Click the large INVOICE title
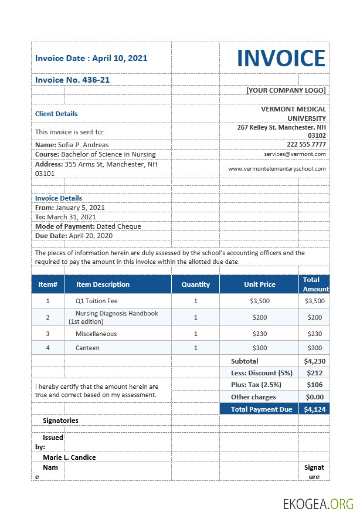pos(281,58)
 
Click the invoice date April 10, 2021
pos(91,58)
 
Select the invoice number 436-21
pos(72,80)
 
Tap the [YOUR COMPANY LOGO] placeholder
pos(286,90)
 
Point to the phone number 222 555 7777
pos(306,144)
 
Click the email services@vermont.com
pos(295,154)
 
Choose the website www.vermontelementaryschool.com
pos(277,168)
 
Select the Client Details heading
pos(56,114)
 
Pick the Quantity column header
pos(195,284)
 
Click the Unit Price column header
pos(259,284)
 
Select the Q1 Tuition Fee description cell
pos(97,301)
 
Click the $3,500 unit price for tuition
pos(259,301)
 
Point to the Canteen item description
pos(87,348)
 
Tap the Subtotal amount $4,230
pos(315,361)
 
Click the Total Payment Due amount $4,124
pos(315,409)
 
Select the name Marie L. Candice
pos(69,457)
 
